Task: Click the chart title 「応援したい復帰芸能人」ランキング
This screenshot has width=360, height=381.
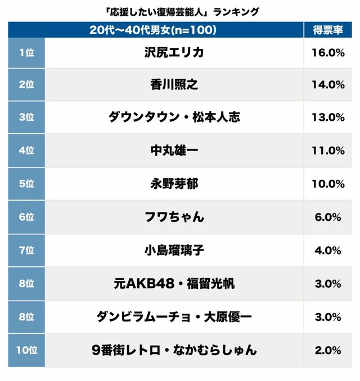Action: (x=181, y=11)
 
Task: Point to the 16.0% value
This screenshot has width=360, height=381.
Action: (x=327, y=53)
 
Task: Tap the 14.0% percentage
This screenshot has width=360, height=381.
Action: (x=327, y=85)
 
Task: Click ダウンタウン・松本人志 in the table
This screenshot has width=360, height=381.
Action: (x=174, y=117)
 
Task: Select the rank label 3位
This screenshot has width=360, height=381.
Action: (x=26, y=117)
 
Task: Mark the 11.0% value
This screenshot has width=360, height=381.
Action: (x=327, y=151)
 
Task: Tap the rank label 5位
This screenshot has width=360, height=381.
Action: (x=26, y=184)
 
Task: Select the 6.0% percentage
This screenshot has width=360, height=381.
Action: (x=327, y=217)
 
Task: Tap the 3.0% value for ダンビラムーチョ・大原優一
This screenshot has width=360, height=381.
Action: (x=327, y=317)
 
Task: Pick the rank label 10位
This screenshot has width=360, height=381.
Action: (x=26, y=350)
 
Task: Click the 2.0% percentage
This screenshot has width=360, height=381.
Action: (x=327, y=350)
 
